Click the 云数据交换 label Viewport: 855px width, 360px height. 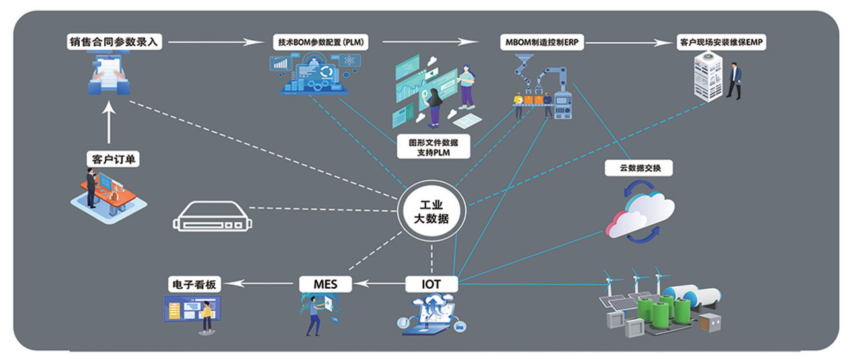coord(638,168)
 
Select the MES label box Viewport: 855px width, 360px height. coord(326,284)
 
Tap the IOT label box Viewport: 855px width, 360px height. coord(431,284)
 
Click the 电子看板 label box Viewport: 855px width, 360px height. coord(193,285)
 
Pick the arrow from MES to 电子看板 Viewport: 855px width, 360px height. coord(261,284)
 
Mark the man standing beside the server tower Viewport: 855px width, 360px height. coord(735,82)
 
